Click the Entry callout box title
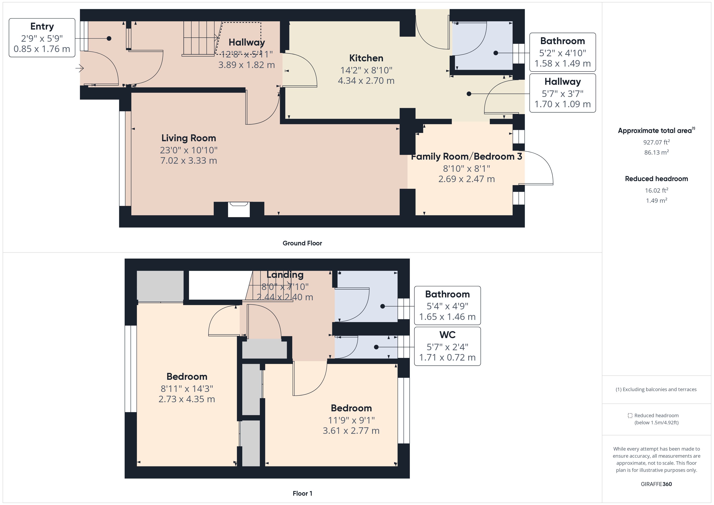tap(42, 27)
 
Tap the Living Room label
tap(188, 138)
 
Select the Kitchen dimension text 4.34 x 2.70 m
tap(366, 81)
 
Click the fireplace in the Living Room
tap(239, 209)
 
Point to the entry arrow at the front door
tap(80, 68)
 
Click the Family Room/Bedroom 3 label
tap(466, 156)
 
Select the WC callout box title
tap(447, 335)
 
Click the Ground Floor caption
tap(302, 243)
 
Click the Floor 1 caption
tap(302, 493)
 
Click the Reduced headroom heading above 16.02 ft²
tap(656, 179)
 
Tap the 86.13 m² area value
tap(656, 152)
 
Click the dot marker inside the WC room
tap(376, 347)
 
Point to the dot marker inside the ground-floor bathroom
tap(496, 53)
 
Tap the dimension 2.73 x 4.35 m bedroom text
tap(187, 399)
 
